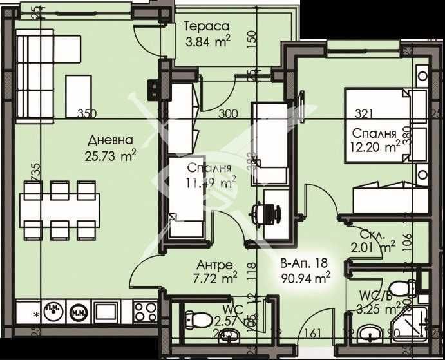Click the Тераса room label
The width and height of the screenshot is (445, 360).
tap(207, 27)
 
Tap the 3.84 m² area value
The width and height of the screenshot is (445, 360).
tap(207, 43)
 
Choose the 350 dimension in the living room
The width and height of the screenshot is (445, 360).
tap(86, 114)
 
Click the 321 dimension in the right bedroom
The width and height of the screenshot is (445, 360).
tap(365, 114)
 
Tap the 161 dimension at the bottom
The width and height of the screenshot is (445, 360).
tap(312, 334)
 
